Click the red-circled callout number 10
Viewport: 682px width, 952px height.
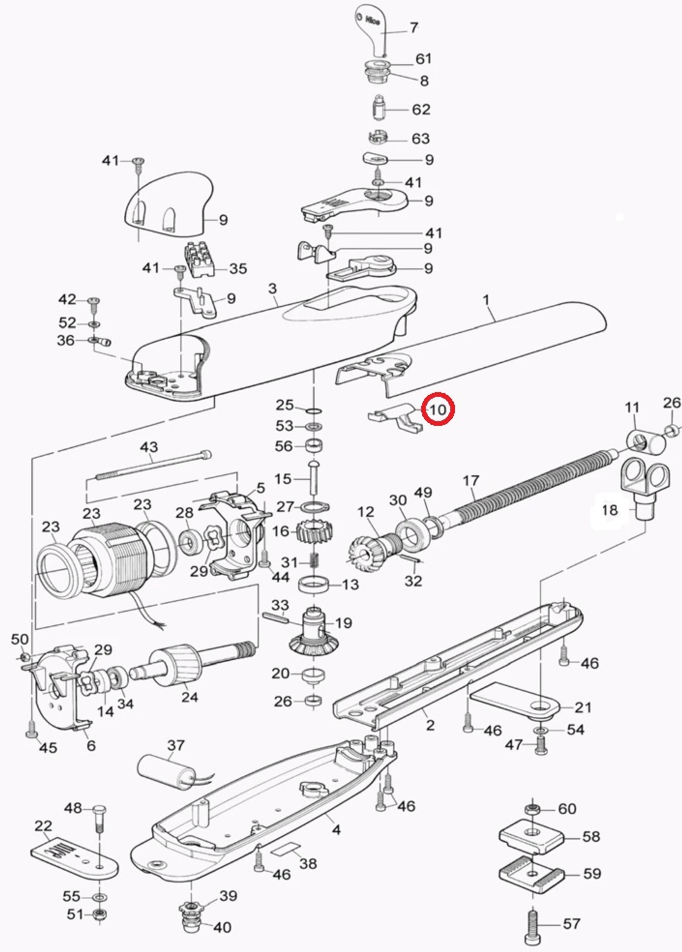click(x=438, y=409)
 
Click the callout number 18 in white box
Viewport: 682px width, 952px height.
click(x=610, y=510)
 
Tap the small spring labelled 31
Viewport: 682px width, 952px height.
click(x=315, y=562)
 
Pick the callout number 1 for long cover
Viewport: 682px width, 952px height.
click(x=486, y=300)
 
